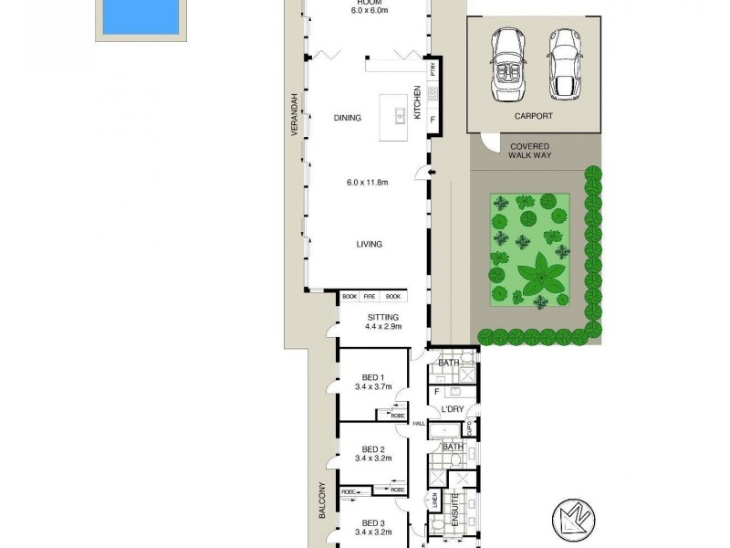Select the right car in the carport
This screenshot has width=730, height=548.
coord(564,63)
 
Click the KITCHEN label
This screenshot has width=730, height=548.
coord(418,102)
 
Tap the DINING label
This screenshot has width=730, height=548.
coord(347,118)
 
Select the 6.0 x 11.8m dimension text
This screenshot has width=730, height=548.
coord(368,183)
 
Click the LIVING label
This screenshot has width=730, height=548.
coord(369,244)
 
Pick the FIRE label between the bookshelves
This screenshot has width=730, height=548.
coord(370,297)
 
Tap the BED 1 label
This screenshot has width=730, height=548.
coord(373,378)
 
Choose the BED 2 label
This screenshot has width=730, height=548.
coord(373,449)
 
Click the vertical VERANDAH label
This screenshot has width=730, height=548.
coord(295,115)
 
